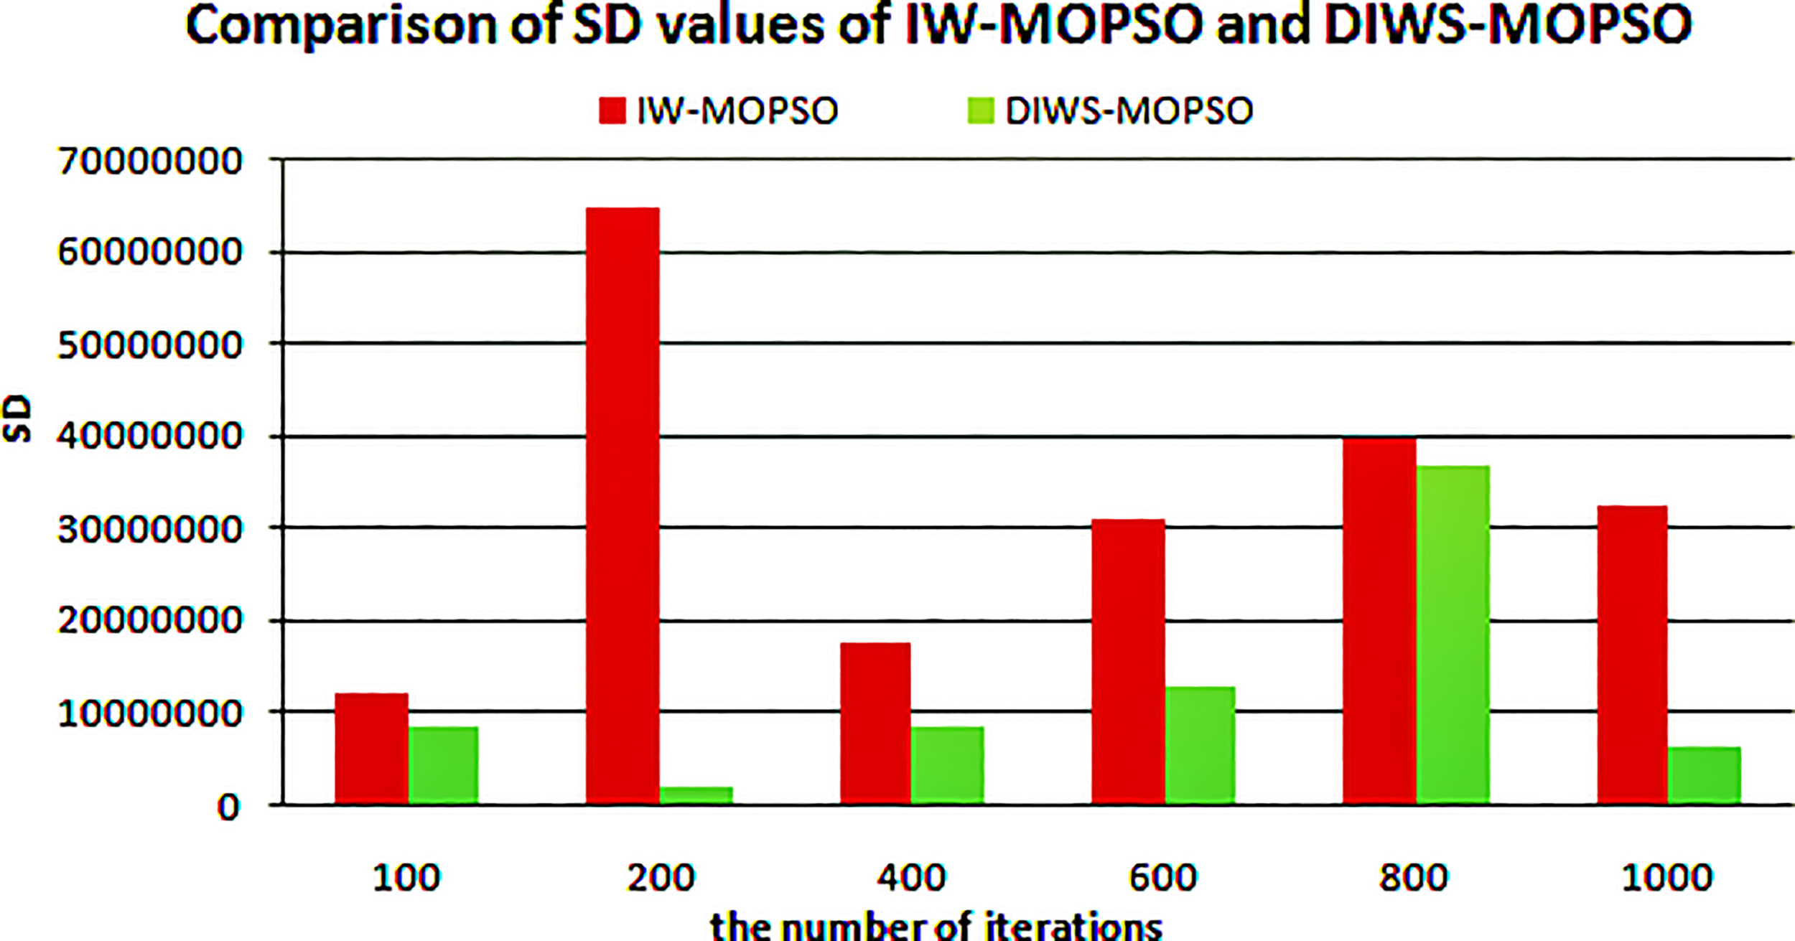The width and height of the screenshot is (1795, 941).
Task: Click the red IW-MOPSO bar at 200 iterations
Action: (623, 506)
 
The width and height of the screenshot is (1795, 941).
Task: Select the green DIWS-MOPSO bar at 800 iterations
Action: (1453, 635)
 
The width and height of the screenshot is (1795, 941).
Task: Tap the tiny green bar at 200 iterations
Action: (696, 795)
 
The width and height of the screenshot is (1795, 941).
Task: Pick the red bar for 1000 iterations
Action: (1632, 655)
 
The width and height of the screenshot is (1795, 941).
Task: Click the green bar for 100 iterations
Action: (443, 765)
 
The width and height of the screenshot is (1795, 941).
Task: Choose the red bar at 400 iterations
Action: (875, 724)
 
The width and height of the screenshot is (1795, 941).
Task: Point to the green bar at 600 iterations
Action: (1199, 746)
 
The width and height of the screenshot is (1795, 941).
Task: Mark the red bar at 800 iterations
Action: (1379, 621)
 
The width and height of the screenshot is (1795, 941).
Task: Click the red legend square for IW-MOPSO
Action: (612, 111)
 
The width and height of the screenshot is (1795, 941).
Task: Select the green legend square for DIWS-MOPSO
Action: (981, 111)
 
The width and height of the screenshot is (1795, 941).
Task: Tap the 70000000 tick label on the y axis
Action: (149, 161)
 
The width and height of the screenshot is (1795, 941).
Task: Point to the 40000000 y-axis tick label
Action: (149, 436)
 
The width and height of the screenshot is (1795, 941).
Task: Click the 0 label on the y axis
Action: (228, 808)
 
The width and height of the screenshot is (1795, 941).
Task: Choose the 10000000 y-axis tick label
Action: (149, 714)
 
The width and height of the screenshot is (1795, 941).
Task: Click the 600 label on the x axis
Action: (1162, 877)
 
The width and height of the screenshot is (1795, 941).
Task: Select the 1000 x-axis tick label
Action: (1667, 877)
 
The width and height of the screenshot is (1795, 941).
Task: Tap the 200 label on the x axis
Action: (661, 877)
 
